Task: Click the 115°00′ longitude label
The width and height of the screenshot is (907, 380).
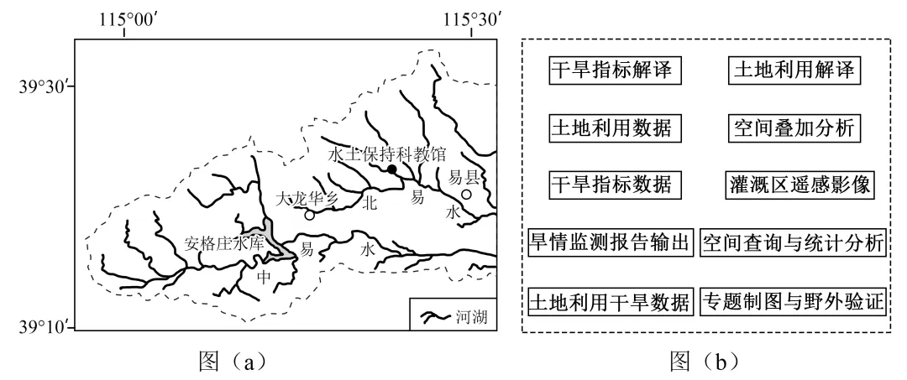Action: tap(124, 18)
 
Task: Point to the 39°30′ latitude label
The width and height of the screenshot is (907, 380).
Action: tap(42, 86)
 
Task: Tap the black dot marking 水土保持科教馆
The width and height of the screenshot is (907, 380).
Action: tap(392, 169)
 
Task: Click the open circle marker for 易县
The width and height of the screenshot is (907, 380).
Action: tap(466, 195)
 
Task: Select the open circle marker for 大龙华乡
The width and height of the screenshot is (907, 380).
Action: tap(310, 215)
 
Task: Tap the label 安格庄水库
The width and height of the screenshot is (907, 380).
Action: tap(224, 245)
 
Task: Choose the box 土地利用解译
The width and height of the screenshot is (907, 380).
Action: tap(792, 70)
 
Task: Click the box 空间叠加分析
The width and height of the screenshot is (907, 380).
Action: tap(792, 128)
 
